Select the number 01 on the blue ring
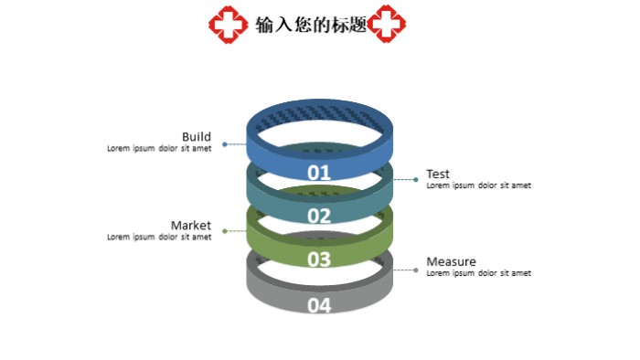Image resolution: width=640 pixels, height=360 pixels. (318, 172)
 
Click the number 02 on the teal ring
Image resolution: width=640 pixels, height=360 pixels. (318, 216)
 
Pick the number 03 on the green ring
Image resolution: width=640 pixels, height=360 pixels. (318, 259)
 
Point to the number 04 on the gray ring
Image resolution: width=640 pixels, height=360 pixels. (318, 305)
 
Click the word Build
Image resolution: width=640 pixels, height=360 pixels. (196, 137)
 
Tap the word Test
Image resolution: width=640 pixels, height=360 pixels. (438, 175)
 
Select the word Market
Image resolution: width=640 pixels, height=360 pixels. (190, 225)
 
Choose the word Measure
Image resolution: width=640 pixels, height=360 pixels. (451, 261)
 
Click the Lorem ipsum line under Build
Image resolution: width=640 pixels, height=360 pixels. (159, 148)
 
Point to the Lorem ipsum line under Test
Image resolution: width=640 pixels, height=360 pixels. (478, 185)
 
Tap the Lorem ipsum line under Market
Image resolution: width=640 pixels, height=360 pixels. (159, 237)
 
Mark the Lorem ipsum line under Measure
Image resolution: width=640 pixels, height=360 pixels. (478, 273)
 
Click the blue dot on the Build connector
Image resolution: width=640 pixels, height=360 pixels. (225, 144)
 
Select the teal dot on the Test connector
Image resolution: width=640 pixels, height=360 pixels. (417, 180)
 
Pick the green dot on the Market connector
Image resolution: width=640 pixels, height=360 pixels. (225, 231)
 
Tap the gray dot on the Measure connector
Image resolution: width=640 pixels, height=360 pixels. (417, 270)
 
